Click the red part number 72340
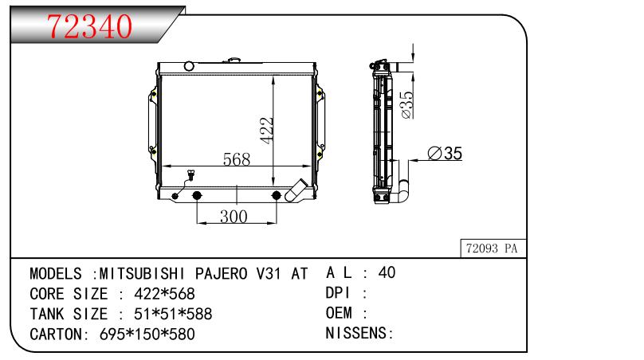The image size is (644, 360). click(89, 25)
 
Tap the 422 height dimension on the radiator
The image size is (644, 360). click(267, 131)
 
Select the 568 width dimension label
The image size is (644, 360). click(237, 159)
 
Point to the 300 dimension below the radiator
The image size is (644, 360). click(234, 217)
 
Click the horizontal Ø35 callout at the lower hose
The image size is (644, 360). click(445, 153)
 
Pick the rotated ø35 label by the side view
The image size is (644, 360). click(406, 104)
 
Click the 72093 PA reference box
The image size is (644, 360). click(493, 248)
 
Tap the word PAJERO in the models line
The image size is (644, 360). click(222, 273)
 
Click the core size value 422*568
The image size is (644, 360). click(165, 294)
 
